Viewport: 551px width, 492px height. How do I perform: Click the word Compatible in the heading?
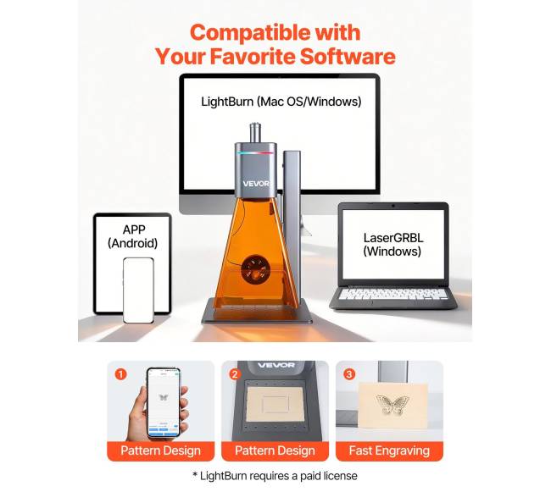[x=250, y=34]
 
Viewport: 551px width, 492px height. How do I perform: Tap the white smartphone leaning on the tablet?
[x=138, y=290]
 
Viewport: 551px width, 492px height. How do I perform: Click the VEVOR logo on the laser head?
[x=256, y=184]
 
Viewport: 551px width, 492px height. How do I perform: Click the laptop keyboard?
[x=392, y=294]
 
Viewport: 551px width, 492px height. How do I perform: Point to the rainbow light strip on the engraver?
[x=255, y=152]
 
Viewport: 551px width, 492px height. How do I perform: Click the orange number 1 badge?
[x=120, y=374]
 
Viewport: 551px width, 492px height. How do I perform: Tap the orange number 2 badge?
[x=235, y=374]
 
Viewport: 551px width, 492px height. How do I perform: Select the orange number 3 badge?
[x=349, y=374]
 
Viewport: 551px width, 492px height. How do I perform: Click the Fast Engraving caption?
[x=389, y=451]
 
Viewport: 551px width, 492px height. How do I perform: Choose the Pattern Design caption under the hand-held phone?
[x=160, y=451]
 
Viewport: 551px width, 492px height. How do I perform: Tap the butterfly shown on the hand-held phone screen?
[x=163, y=397]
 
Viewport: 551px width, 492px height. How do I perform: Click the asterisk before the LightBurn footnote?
[x=195, y=474]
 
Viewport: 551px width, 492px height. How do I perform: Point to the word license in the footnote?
[x=340, y=476]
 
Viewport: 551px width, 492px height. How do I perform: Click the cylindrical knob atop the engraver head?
[x=255, y=133]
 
